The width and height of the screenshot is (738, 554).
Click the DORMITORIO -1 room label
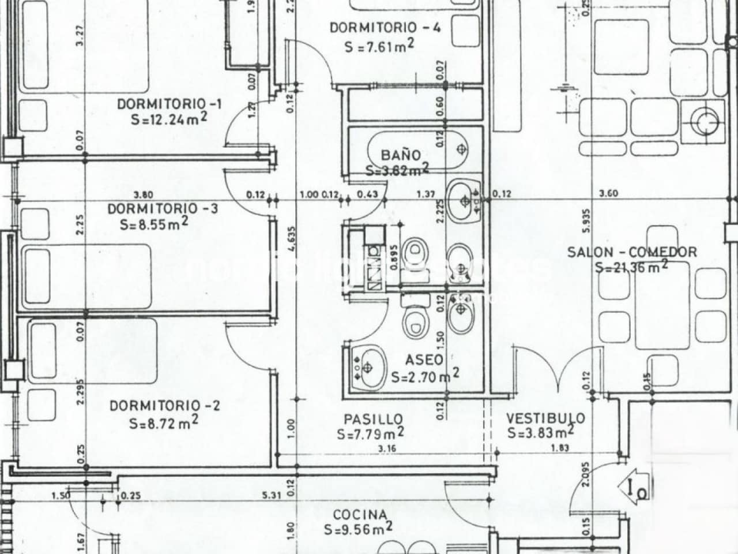point(170,104)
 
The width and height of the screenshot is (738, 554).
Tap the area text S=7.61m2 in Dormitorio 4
point(381,47)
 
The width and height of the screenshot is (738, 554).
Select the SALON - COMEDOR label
point(632,252)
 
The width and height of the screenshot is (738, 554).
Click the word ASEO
point(425,360)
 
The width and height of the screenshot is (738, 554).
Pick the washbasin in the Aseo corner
point(367,367)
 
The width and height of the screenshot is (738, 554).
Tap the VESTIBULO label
point(545,418)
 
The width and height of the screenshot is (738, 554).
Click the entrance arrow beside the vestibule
point(635,488)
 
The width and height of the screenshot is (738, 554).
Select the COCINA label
point(360,515)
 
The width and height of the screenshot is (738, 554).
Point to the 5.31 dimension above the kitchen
point(272,495)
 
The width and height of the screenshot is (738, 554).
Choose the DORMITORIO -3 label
point(163,208)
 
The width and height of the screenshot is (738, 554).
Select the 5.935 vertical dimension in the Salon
point(586,219)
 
